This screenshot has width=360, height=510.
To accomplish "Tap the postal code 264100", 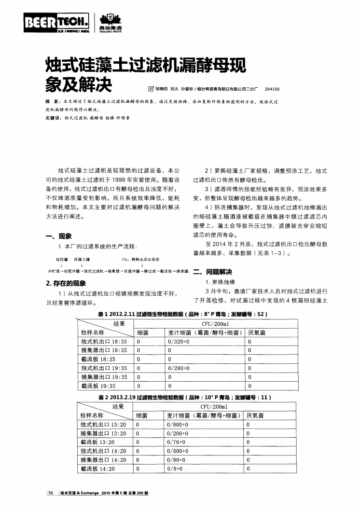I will pyautogui.click(x=272, y=89).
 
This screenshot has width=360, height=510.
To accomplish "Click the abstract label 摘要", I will pyautogui.click(x=47, y=103).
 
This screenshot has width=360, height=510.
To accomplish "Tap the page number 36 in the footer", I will pyautogui.click(x=51, y=493).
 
